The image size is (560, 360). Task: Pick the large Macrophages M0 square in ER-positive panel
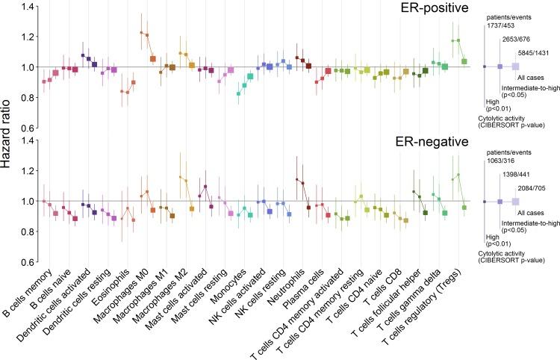pos(153,59)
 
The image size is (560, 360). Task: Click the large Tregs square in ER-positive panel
pos(464,61)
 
